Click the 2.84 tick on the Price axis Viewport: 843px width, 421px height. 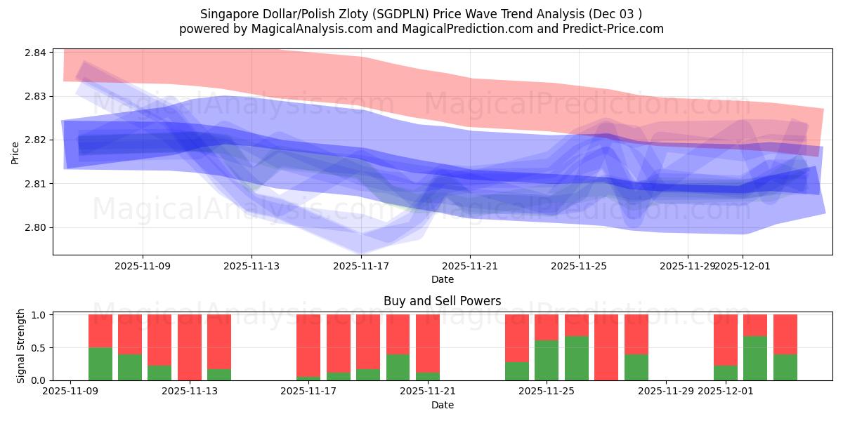pos(36,53)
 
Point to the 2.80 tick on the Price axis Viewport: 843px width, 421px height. pos(36,227)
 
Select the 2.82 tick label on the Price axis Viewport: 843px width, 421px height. pos(36,140)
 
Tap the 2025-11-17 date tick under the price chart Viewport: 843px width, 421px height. pos(361,266)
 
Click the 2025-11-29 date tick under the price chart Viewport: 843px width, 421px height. pos(688,266)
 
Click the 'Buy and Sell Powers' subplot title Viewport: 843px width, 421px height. pos(442,301)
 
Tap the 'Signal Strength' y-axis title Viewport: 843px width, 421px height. pos(21,346)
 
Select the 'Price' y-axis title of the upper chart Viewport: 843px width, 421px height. pos(15,152)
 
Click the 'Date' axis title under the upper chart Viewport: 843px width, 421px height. pos(442,279)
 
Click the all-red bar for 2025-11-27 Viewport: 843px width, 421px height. pos(606,347)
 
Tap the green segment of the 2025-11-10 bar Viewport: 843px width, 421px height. pos(100,364)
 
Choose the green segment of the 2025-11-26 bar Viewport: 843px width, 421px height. pos(577,359)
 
